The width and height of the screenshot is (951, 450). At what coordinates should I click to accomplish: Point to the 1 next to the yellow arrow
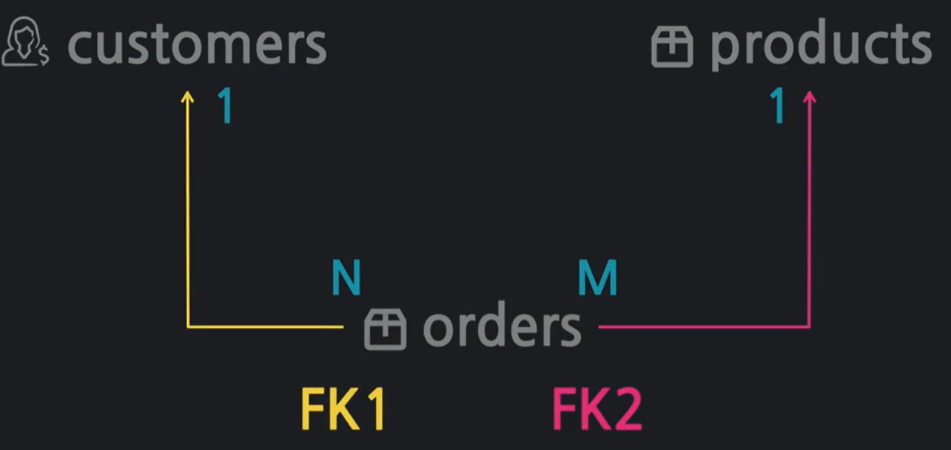coord(225,107)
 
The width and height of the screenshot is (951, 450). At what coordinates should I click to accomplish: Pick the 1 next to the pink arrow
coord(777,107)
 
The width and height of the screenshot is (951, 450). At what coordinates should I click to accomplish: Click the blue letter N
coord(346,279)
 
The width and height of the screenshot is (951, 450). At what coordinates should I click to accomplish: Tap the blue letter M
coord(597,279)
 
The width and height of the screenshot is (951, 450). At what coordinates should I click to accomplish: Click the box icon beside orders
coord(385,329)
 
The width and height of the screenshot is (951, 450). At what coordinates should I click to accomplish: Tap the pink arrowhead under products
coord(809,96)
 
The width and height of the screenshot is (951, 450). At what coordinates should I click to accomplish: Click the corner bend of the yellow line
coord(188,326)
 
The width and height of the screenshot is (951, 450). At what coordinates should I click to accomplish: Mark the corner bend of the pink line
coord(809,326)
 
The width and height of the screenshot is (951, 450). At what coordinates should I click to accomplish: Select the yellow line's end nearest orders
coord(342,326)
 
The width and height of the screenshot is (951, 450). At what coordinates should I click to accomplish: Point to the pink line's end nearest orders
coord(600,326)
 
